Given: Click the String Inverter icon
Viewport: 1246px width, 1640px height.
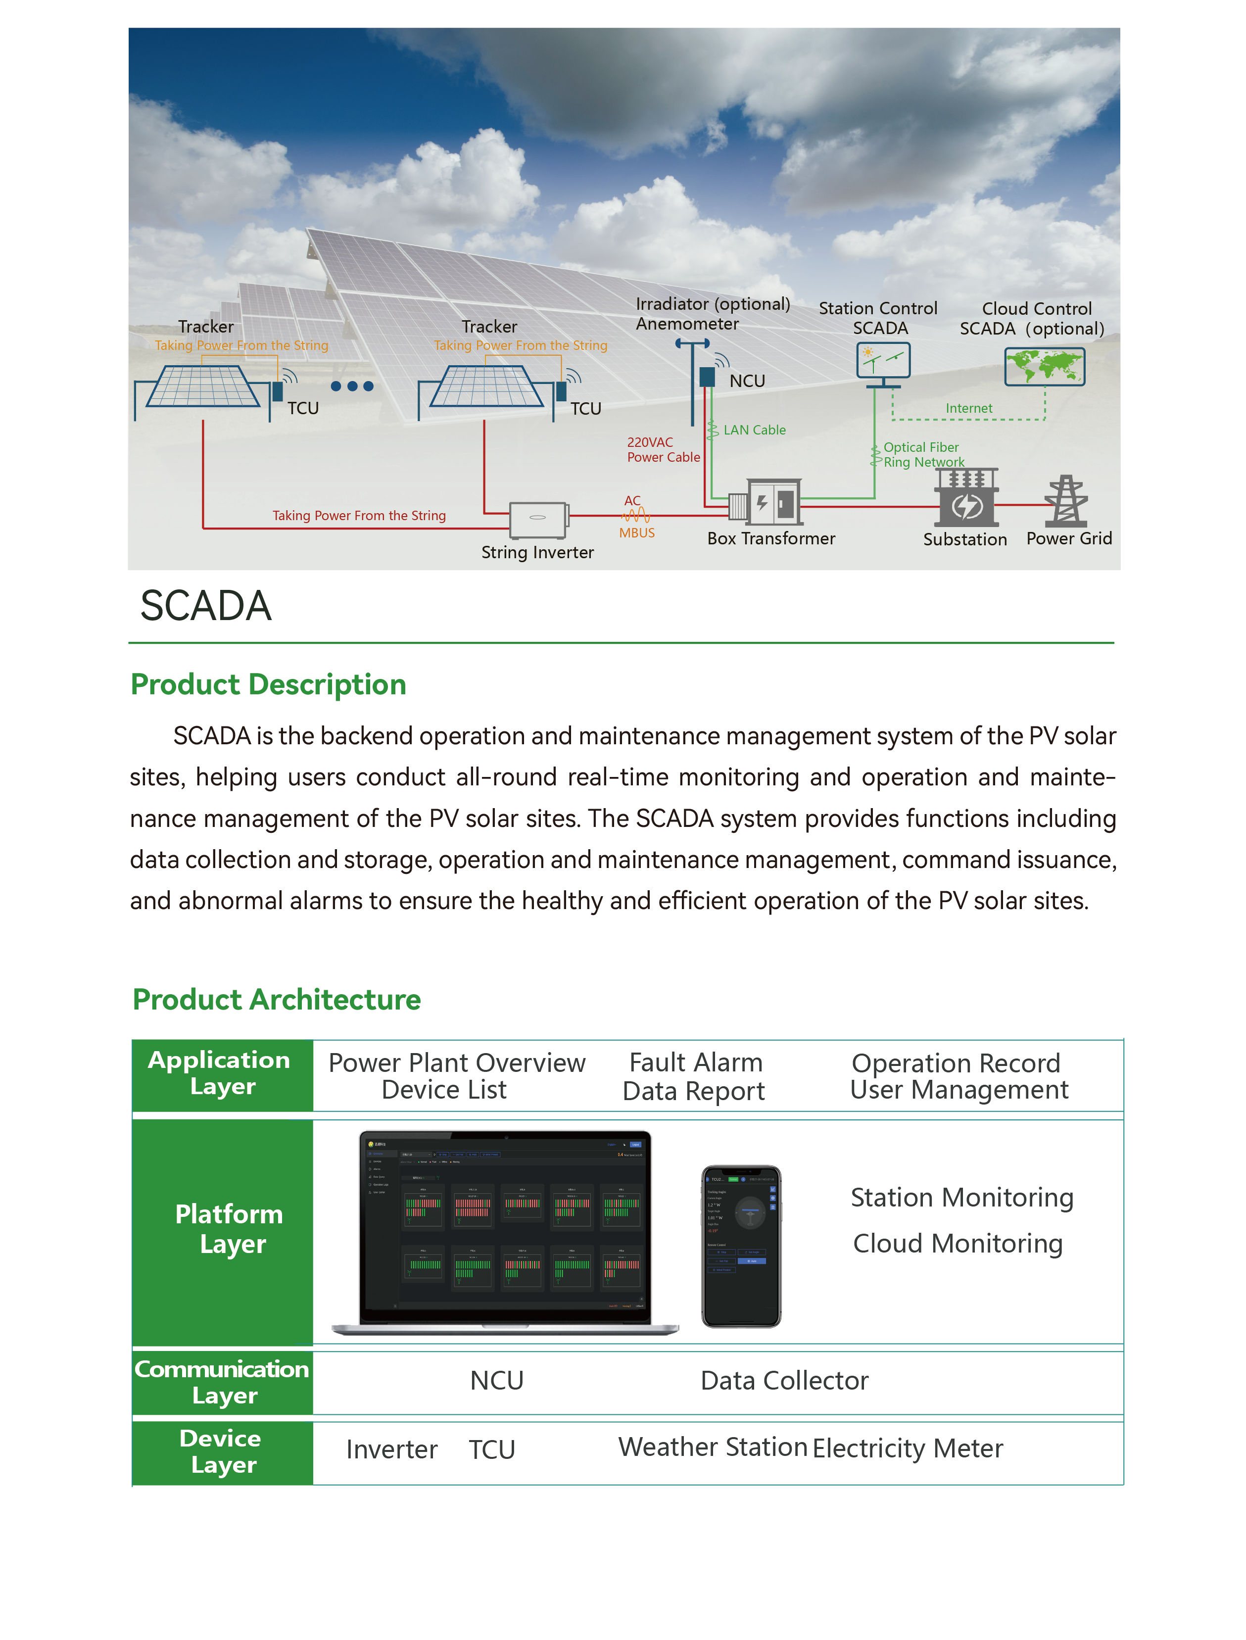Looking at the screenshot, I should tap(538, 519).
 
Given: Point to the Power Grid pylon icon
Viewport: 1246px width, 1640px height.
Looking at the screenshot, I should tap(1066, 501).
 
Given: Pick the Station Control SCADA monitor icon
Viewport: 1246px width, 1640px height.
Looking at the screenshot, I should tap(883, 361).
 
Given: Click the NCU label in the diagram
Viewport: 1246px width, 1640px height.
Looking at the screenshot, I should tap(747, 381).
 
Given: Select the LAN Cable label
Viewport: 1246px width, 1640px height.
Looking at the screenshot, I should tap(754, 430).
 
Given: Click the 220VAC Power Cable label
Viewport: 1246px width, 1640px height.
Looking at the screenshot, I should tap(663, 449).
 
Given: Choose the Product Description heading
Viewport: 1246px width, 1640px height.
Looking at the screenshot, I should tap(269, 684).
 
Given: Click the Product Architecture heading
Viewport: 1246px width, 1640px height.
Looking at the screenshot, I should tap(277, 999).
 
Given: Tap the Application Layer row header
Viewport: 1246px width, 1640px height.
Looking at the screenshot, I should tap(222, 1073).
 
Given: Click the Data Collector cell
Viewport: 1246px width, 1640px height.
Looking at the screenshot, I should tap(784, 1380).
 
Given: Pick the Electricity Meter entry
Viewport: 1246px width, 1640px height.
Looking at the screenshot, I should tap(908, 1448).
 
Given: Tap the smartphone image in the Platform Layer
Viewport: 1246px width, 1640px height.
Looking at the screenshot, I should tap(741, 1246).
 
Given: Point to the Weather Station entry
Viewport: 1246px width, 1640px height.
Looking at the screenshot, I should tap(713, 1447).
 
